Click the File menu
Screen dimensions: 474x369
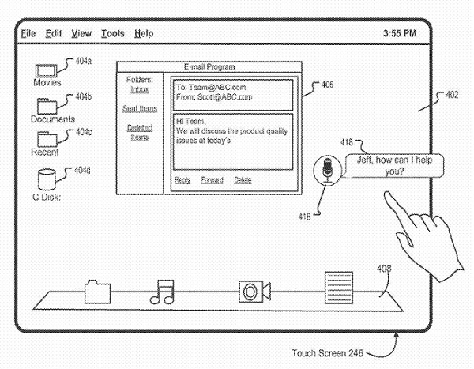28,33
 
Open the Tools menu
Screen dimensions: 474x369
113,33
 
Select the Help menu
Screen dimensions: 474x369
144,33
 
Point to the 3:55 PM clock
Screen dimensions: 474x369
400,33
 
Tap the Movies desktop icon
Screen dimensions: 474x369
46,71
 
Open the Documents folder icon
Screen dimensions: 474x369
47,106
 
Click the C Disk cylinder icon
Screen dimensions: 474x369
47,179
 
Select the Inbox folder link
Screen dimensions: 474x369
140,89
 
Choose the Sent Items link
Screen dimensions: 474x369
140,108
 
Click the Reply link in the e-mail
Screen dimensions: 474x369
182,180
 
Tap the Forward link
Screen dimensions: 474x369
212,180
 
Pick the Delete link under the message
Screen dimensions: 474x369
243,180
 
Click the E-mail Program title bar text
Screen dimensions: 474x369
209,67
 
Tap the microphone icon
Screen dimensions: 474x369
327,170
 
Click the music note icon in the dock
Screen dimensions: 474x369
162,292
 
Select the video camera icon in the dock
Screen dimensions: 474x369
254,292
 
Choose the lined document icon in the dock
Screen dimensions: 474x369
339,288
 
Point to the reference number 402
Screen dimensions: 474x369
452,95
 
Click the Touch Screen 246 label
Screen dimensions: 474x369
327,353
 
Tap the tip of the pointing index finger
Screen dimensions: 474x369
386,194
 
